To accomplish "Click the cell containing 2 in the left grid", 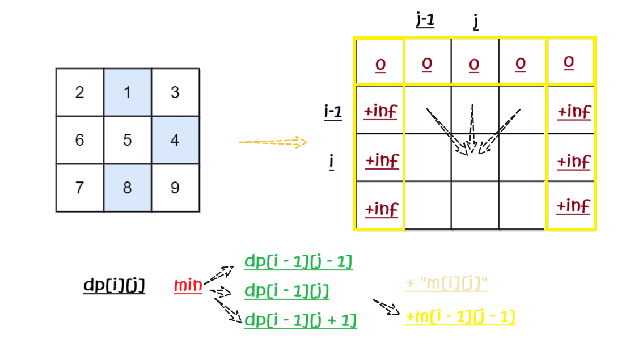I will click(79, 92).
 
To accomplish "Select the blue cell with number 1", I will click(127, 92).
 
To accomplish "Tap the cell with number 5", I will click(127, 139).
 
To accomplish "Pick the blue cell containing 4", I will click(175, 139).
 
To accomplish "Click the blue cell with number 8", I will click(127, 188).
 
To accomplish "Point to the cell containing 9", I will click(175, 188).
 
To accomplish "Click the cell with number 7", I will click(79, 188).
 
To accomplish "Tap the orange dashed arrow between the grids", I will click(273, 142).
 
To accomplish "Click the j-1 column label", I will click(425, 22).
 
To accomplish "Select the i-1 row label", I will click(333, 113).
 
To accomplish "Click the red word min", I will click(188, 286).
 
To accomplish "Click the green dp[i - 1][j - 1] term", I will click(298, 262).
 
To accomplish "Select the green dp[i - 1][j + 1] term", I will click(300, 321).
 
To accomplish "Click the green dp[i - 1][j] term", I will click(287, 291).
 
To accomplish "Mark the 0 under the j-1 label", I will click(427, 63).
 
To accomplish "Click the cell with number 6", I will click(79, 139).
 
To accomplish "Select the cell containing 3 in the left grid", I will click(175, 92).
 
